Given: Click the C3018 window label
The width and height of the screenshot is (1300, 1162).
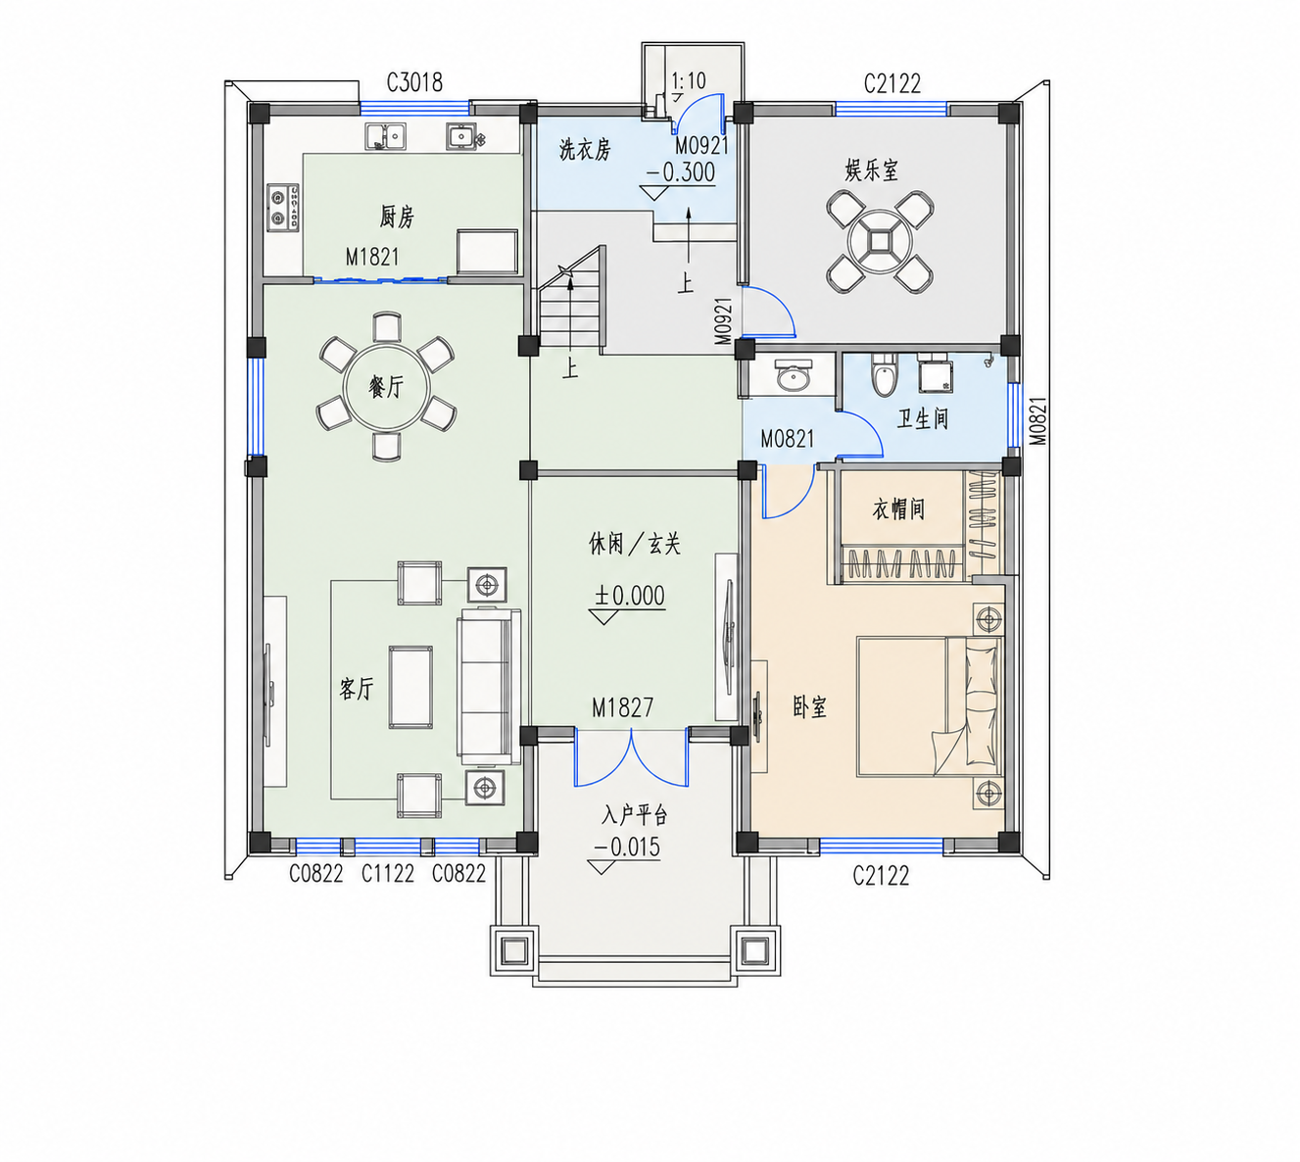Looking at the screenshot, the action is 414,82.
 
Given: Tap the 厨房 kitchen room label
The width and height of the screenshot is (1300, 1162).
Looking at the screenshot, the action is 397,217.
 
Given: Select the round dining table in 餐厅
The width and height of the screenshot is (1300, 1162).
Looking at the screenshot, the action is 386,387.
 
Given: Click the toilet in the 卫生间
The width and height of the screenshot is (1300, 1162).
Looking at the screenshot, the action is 884,376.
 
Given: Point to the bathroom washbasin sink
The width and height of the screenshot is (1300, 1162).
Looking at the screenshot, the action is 794,374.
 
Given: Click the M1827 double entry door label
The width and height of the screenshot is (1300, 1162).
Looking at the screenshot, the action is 622,707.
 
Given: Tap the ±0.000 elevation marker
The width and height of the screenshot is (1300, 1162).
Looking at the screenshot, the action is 630,596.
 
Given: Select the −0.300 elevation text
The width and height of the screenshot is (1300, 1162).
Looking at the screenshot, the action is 680,172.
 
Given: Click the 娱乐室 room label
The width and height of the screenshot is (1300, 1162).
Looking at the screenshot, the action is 871,170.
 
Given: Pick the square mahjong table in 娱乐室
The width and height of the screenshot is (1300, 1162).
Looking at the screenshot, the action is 880,243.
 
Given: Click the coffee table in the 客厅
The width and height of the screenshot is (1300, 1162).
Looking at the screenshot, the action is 410,687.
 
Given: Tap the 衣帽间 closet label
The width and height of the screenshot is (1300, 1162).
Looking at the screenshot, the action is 898,509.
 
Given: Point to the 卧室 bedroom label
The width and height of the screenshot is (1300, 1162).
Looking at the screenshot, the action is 810,707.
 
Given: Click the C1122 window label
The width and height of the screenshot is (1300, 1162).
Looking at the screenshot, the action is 388,873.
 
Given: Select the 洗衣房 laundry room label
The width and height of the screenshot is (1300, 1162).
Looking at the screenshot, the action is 585,150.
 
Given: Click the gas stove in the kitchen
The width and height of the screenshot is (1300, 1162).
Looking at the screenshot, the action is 283,208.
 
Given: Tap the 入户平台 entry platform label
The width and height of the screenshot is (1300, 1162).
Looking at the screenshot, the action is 634,815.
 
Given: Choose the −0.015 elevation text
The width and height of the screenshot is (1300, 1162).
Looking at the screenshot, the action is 627,847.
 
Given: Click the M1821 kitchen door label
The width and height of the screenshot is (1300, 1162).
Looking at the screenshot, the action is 372,258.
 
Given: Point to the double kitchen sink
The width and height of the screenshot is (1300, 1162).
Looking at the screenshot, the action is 386,136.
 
